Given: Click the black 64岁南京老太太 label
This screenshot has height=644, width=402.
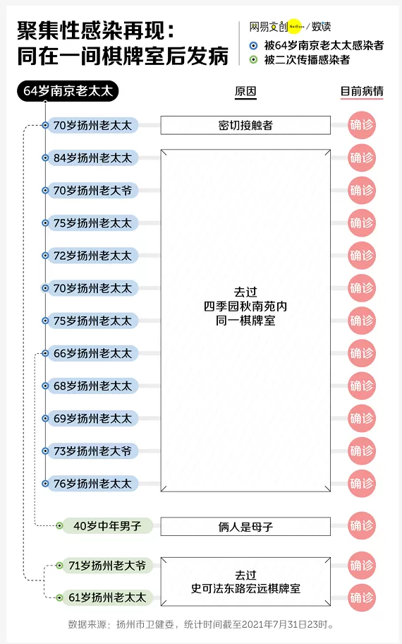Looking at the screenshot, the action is click(x=68, y=91).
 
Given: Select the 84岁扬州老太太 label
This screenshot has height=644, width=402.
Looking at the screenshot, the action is click(x=92, y=157).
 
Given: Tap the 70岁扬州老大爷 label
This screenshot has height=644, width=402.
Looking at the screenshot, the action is click(x=92, y=191).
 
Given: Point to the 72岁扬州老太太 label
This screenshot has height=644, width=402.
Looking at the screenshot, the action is click(x=92, y=256).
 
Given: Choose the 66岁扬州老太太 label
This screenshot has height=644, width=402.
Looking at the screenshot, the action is click(x=92, y=353).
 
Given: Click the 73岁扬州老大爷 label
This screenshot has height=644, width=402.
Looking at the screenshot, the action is click(x=92, y=451).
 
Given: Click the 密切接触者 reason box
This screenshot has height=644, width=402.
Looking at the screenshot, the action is click(x=245, y=125).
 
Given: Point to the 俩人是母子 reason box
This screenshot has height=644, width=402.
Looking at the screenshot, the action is click(x=245, y=527).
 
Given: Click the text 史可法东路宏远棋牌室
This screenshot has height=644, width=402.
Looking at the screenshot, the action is click(x=245, y=588).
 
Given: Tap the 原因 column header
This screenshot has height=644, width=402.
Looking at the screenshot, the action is click(x=245, y=91).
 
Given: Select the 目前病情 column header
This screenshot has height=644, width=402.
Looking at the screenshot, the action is click(x=362, y=91).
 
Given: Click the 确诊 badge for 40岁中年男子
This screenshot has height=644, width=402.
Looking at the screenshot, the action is click(x=362, y=525).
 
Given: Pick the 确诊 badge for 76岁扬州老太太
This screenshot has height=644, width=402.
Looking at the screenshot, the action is click(x=362, y=484).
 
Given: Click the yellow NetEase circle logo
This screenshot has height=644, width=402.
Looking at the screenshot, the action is click(x=296, y=27).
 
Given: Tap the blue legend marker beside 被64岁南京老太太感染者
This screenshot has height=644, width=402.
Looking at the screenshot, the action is click(x=253, y=46).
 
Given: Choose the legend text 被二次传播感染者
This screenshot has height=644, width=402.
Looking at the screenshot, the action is click(x=307, y=60).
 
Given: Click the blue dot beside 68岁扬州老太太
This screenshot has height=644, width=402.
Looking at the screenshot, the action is click(x=46, y=386).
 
